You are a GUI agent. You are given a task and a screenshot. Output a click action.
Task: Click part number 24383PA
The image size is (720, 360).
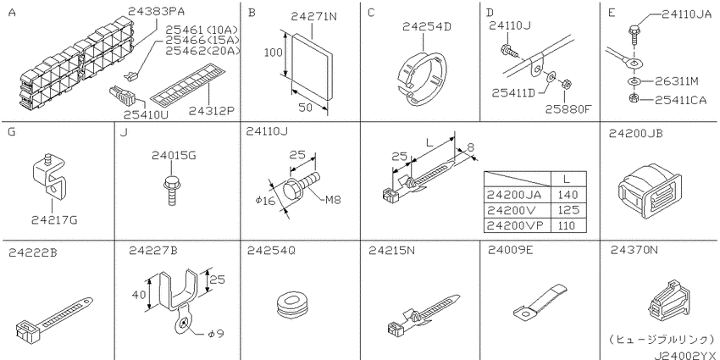(153, 13)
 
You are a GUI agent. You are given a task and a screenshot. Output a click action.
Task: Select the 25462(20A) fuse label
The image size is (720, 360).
(202, 51)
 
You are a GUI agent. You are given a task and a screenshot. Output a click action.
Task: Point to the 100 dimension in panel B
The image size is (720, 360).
(273, 53)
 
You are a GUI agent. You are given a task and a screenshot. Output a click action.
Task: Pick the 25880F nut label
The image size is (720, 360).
(567, 109)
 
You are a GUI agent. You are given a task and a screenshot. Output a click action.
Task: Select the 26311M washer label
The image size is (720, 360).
(677, 81)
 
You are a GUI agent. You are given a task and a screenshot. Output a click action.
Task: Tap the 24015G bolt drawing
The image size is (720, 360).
(171, 188)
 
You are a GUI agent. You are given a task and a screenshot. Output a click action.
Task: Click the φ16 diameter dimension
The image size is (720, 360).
(266, 201)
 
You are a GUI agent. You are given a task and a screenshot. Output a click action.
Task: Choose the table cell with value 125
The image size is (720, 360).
(568, 210)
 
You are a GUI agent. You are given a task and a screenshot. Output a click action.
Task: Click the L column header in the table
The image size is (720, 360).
(568, 179)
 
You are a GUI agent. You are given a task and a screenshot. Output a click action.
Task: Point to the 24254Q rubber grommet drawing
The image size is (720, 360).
(292, 304)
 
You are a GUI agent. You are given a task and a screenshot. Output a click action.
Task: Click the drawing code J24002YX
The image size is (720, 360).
(685, 354)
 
